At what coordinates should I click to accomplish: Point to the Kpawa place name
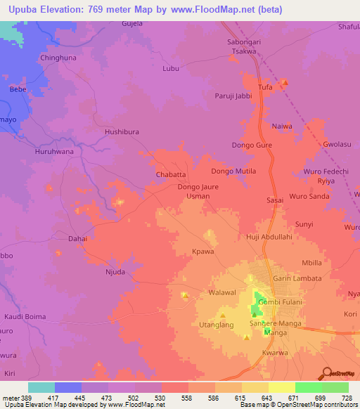pyautogui.click(x=203, y=251)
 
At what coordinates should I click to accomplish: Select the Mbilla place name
pyautogui.click(x=311, y=263)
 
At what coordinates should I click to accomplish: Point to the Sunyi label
pyautogui.click(x=304, y=224)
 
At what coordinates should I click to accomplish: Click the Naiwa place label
pyautogui.click(x=282, y=126)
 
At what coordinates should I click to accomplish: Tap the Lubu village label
pyautogui.click(x=171, y=68)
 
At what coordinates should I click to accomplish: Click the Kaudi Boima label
pyautogui.click(x=25, y=316)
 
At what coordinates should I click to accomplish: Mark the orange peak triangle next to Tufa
pyautogui.click(x=284, y=85)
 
